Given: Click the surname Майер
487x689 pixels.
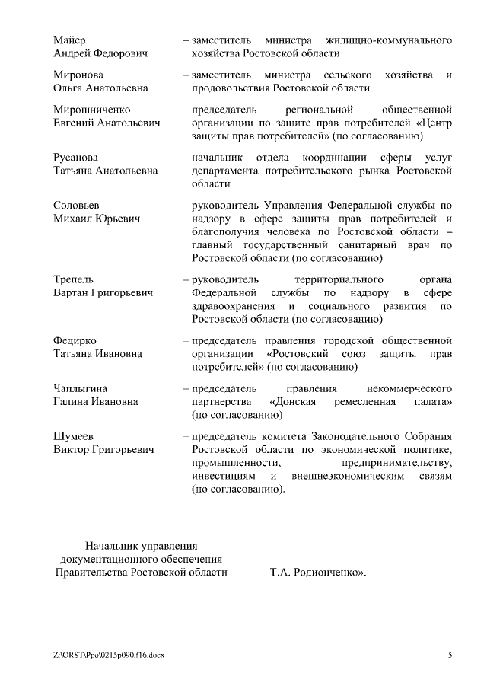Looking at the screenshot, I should pos(69,40).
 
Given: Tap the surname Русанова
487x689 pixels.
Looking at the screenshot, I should pos(75,157).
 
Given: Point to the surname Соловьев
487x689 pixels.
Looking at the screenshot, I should pos(76,206).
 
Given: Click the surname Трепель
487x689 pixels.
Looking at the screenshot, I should pos(74,279).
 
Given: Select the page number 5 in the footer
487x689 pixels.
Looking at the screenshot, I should pos(450,656).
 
